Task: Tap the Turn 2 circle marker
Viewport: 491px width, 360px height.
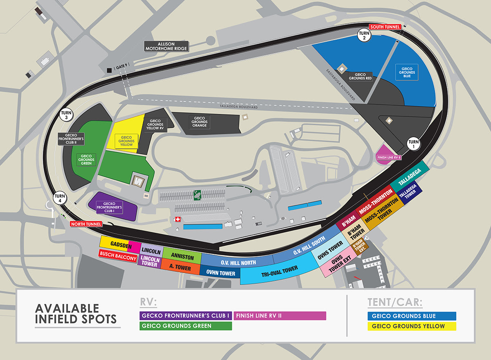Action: pos(364,36)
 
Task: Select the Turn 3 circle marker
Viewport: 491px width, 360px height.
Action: pos(66,116)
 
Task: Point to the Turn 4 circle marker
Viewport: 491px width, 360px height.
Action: pos(60,197)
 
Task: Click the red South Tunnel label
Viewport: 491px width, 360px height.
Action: pos(385,27)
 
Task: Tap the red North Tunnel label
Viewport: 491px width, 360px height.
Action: pos(86,224)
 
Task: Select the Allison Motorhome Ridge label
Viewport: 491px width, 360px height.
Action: pos(167,46)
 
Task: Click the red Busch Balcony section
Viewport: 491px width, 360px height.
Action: pos(118,258)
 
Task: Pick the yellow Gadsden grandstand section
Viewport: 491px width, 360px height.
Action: pos(115,244)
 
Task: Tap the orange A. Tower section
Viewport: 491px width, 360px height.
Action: pos(180,266)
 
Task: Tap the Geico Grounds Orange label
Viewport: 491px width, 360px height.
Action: pos(199,122)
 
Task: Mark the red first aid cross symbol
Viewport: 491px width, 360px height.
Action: pos(177,220)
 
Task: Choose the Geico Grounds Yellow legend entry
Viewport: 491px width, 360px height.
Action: pos(411,326)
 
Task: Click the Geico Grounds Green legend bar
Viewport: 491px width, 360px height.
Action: pos(186,326)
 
